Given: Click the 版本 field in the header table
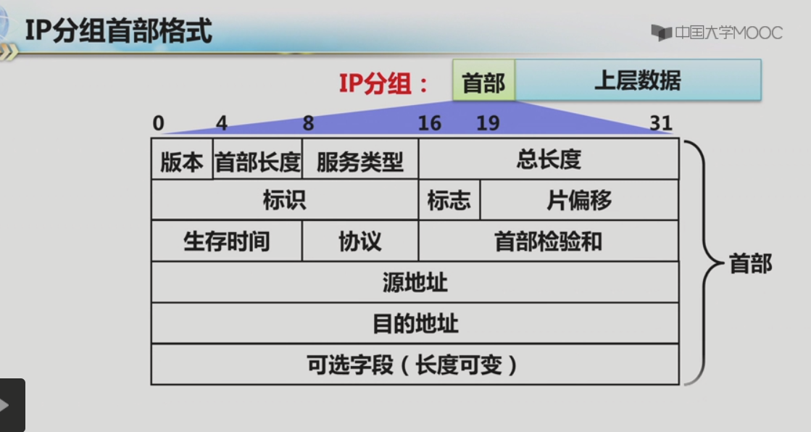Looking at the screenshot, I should click(x=182, y=160).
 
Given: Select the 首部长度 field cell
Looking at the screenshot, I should click(x=257, y=160).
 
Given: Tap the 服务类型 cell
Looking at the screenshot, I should click(x=360, y=160).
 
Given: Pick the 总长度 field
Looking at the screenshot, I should click(x=549, y=159).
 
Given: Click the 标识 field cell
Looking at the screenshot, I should click(x=284, y=200).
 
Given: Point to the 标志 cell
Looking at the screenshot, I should click(x=449, y=200).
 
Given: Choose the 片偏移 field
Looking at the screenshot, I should click(x=579, y=200).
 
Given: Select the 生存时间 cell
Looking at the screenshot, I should click(x=226, y=241).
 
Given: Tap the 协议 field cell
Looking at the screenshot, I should click(x=360, y=241).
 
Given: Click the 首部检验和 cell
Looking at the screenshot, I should click(x=549, y=241).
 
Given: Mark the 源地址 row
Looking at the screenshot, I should click(x=415, y=282).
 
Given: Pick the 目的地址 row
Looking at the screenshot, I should click(x=415, y=323).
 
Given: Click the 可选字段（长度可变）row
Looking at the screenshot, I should click(x=415, y=365).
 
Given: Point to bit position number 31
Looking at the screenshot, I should click(x=661, y=123).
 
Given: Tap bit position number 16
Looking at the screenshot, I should click(x=429, y=123).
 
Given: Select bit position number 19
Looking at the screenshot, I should click(x=488, y=123).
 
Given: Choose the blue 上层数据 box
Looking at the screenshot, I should click(x=638, y=80).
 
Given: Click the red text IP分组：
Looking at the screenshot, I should click(x=385, y=83).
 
